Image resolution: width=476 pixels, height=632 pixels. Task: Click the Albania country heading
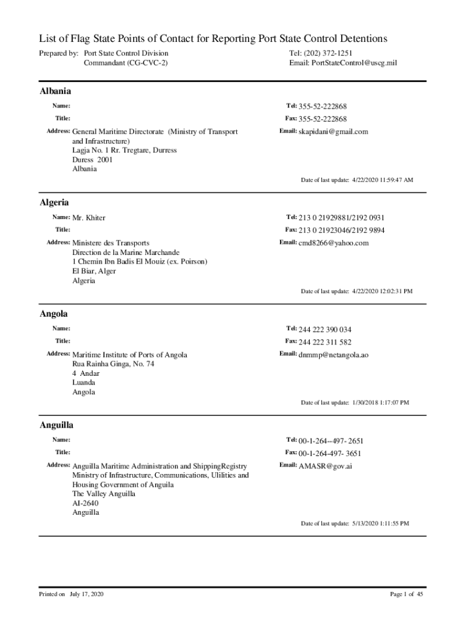click(55, 91)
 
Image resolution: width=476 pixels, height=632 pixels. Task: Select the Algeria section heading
click(54, 202)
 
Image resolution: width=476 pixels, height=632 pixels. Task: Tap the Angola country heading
click(54, 314)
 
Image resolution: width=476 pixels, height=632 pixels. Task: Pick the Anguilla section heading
click(57, 425)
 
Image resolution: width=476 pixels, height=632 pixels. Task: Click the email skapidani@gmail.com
click(333, 131)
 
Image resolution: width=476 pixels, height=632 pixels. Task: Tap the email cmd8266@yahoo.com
click(333, 243)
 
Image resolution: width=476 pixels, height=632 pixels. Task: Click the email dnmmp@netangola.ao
click(333, 355)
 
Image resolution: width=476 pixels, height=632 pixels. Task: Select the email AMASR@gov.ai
click(325, 466)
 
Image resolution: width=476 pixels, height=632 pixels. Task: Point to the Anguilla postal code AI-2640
click(85, 503)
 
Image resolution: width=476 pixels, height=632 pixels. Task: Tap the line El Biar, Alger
click(94, 271)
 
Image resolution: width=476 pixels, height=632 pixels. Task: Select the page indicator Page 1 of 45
click(406, 594)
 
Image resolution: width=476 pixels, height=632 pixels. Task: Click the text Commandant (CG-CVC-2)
click(125, 63)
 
